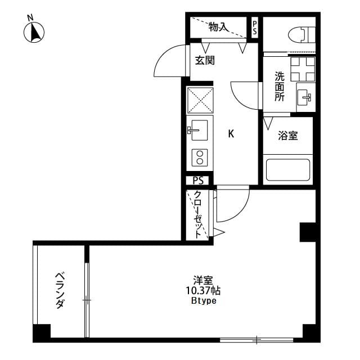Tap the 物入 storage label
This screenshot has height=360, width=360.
218,26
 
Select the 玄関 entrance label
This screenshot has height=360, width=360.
205,61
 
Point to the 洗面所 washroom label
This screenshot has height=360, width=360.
280,85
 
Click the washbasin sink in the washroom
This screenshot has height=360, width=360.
306,97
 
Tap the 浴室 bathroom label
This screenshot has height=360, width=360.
288,136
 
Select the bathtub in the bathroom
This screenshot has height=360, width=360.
287,169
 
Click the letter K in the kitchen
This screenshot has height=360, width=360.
231,134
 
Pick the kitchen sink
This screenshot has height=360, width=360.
199,130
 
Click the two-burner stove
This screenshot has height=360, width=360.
199,157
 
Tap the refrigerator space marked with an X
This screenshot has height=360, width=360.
199,101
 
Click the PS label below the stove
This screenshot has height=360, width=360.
198,181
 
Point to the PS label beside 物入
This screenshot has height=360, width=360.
255,27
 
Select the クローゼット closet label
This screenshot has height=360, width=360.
199,214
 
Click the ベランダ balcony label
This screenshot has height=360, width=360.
60,290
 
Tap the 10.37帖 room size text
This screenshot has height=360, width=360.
202,291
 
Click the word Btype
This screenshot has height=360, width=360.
202,301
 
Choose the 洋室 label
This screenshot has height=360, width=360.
202,280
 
